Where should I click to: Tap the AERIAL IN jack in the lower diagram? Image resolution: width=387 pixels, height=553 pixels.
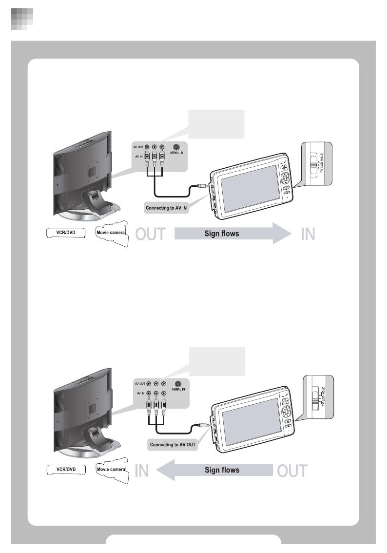click(178, 384)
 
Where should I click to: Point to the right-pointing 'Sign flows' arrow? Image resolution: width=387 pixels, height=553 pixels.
click(229, 233)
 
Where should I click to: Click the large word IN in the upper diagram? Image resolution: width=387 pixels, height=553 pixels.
click(308, 234)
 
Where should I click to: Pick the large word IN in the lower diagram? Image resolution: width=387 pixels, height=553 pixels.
click(141, 471)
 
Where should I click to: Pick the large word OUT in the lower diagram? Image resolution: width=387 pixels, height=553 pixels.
click(292, 471)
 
